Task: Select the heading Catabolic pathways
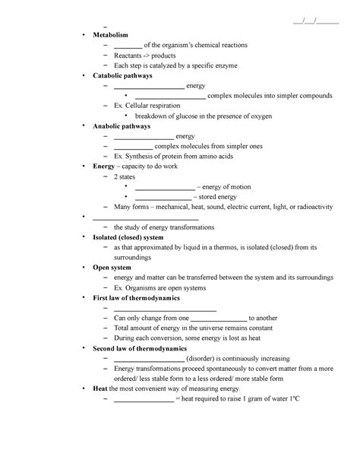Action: pos(122,76)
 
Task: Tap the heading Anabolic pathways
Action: pos(122,126)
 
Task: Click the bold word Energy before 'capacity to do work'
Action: pos(103,166)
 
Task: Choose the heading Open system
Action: pos(112,268)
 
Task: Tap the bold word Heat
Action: pos(99,388)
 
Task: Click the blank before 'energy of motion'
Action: pos(164,187)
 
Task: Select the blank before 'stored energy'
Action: pos(162,197)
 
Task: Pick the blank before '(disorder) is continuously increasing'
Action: pos(149,358)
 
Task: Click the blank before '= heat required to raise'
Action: pos(143,398)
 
